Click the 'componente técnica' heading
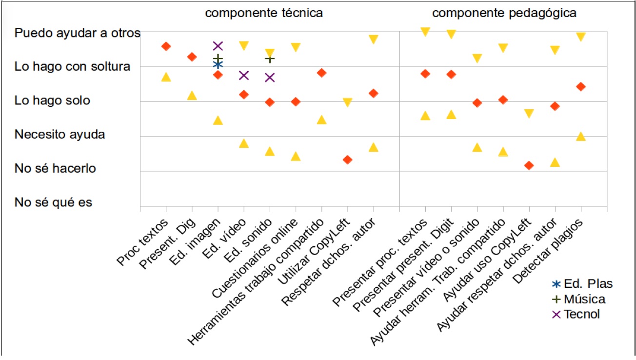pyautogui.click(x=264, y=13)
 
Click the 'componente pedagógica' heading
pyautogui.click(x=504, y=13)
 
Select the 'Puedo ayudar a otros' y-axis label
pyautogui.click(x=78, y=33)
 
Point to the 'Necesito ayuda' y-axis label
pyautogui.click(x=60, y=134)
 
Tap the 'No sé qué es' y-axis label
pyautogui.click(x=53, y=202)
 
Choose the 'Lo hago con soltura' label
pyautogui.click(x=73, y=66)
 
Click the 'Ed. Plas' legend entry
pyautogui.click(x=588, y=284)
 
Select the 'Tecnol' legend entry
pyautogui.click(x=581, y=314)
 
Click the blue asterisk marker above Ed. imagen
pyautogui.click(x=218, y=64)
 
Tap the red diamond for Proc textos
pyautogui.click(x=166, y=46)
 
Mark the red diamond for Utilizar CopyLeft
pyautogui.click(x=347, y=160)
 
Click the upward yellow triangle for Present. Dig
pyautogui.click(x=192, y=96)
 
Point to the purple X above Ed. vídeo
pyautogui.click(x=244, y=75)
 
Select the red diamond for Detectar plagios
pyautogui.click(x=580, y=86)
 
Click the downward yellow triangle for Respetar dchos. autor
pyautogui.click(x=374, y=39)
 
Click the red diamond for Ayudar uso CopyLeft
pyautogui.click(x=529, y=165)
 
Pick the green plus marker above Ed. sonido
pyautogui.click(x=270, y=59)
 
